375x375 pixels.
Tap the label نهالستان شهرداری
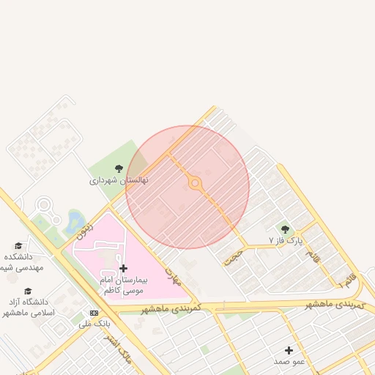[119, 179]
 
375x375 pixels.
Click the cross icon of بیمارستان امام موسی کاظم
[123, 269]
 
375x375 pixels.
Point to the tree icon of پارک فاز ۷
[285, 229]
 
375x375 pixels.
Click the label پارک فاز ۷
[285, 240]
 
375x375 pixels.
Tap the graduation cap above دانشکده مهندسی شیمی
[18, 246]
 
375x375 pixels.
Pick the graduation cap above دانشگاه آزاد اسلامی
[28, 291]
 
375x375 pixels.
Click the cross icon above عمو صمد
[289, 350]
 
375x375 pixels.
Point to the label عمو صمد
[289, 361]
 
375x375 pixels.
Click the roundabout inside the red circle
[196, 184]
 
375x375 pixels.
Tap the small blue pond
[74, 220]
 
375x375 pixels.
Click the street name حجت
[233, 256]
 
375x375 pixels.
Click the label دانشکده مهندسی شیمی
[22, 262]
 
